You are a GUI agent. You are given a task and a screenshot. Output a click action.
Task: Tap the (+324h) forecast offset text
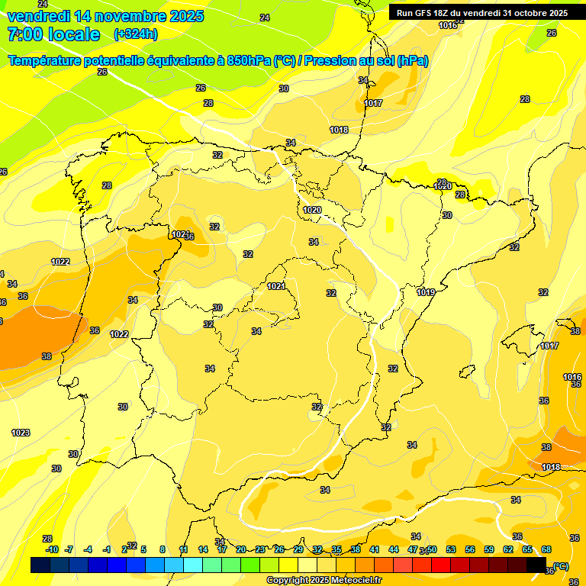click(x=135, y=34)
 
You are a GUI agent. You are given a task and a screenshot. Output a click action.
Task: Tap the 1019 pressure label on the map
click(x=426, y=292)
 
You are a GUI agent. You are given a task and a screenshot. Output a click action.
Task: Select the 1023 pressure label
click(x=21, y=433)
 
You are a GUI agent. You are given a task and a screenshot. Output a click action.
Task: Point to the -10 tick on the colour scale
click(x=52, y=549)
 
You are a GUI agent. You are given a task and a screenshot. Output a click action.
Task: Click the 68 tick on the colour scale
click(x=546, y=549)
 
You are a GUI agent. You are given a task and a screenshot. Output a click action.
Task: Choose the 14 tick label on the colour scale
click(x=203, y=549)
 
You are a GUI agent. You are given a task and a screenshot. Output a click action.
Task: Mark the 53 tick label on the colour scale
click(x=451, y=549)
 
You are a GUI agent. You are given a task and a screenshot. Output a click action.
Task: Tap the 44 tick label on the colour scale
click(x=394, y=549)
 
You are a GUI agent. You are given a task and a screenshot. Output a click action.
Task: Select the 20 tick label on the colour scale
click(x=241, y=549)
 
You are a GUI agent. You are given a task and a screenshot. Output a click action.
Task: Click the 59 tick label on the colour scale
click(x=489, y=549)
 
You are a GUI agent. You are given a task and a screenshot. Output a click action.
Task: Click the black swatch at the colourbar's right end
click(x=536, y=565)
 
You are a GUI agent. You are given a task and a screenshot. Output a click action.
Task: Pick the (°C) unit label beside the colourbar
click(x=560, y=566)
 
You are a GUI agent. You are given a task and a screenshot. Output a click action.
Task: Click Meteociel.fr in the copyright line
click(x=355, y=580)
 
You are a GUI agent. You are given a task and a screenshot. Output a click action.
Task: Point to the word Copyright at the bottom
click(x=288, y=580)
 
